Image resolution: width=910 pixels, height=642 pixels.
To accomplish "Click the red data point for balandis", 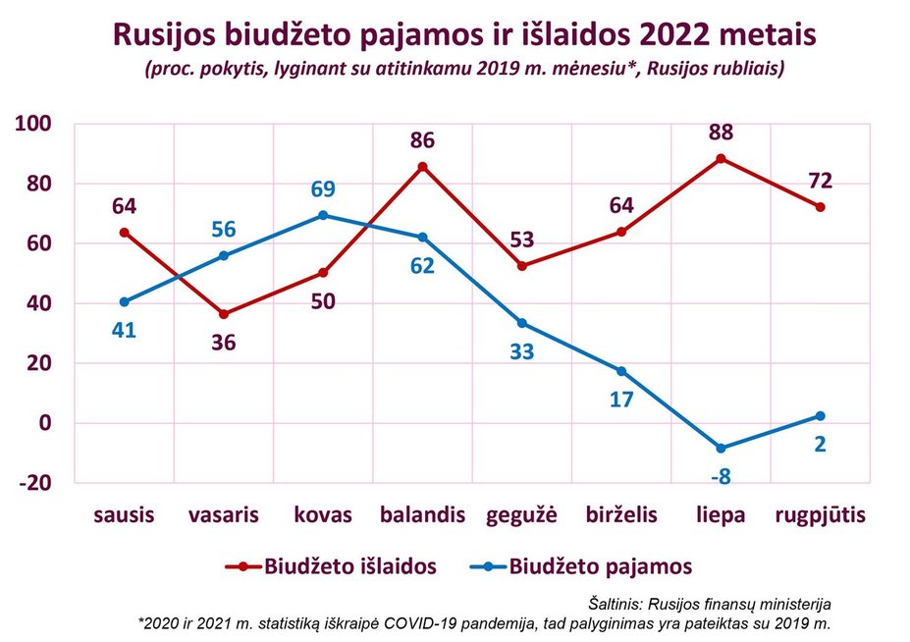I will [x=423, y=167].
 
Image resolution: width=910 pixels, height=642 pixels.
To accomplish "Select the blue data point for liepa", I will [x=721, y=448].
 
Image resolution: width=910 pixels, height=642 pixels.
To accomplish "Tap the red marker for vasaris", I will [x=224, y=314].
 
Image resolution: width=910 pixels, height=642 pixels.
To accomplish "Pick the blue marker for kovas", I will [x=323, y=216].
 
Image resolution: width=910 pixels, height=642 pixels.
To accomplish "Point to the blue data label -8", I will [x=721, y=475].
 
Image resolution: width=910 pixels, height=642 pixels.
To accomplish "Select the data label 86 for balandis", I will [x=423, y=140].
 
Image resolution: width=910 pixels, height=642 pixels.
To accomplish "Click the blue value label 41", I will [x=125, y=330].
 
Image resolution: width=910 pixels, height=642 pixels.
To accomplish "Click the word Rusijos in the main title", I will [x=164, y=36].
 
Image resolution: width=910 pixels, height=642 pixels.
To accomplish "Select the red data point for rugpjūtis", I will [x=820, y=207].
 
